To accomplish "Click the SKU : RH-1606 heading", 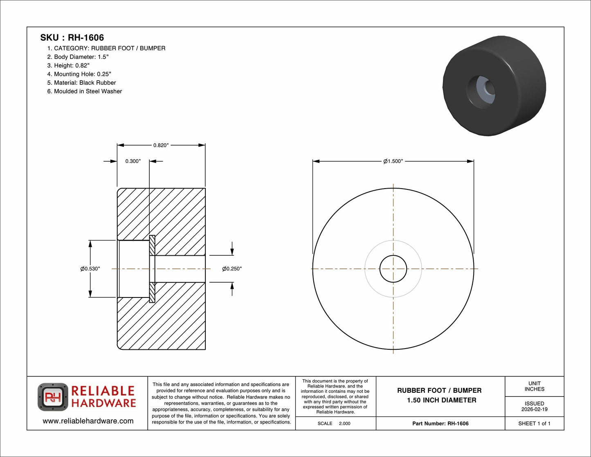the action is click(x=72, y=38).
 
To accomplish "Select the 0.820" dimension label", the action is click(x=161, y=145).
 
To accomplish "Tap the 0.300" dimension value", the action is click(x=133, y=161).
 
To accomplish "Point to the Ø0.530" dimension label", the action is click(x=90, y=269).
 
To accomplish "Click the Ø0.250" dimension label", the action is click(x=232, y=269).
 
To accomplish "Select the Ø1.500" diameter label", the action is click(x=393, y=161).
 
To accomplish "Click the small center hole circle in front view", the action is click(x=393, y=269).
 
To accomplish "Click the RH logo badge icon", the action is click(x=53, y=397).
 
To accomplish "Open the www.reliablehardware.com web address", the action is click(x=88, y=421).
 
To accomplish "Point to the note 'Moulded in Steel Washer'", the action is click(x=85, y=91).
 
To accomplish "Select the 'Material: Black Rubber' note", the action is click(x=81, y=83).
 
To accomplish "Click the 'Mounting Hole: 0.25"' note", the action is click(x=79, y=74).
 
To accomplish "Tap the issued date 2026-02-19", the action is click(x=535, y=410).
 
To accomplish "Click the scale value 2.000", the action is click(x=345, y=423).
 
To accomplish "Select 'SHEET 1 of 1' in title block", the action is click(x=534, y=423).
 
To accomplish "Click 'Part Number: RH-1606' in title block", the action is click(x=440, y=423).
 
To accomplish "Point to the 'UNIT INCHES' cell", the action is click(x=535, y=386).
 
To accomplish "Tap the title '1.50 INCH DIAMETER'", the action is click(x=441, y=401).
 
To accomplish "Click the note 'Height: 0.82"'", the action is click(x=68, y=65).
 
